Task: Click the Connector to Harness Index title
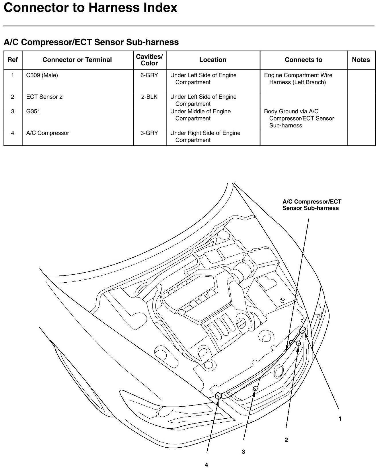(x=90, y=8)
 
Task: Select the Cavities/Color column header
(x=149, y=60)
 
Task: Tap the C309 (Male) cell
(x=42, y=75)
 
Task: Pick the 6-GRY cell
(x=149, y=75)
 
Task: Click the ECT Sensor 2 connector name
(x=44, y=97)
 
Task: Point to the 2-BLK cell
(x=149, y=97)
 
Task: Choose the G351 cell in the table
(x=33, y=111)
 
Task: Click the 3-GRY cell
(x=149, y=133)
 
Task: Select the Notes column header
(x=361, y=60)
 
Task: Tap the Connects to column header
(x=303, y=60)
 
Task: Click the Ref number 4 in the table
(x=13, y=133)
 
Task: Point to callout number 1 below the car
(x=340, y=419)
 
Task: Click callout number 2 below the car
(x=286, y=440)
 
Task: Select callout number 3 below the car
(x=243, y=452)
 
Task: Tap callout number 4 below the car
(x=206, y=465)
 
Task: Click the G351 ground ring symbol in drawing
(x=255, y=389)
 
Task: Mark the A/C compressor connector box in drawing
(x=218, y=396)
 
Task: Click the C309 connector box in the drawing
(x=302, y=330)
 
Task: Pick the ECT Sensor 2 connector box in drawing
(x=298, y=343)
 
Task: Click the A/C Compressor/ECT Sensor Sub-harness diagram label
(x=311, y=205)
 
